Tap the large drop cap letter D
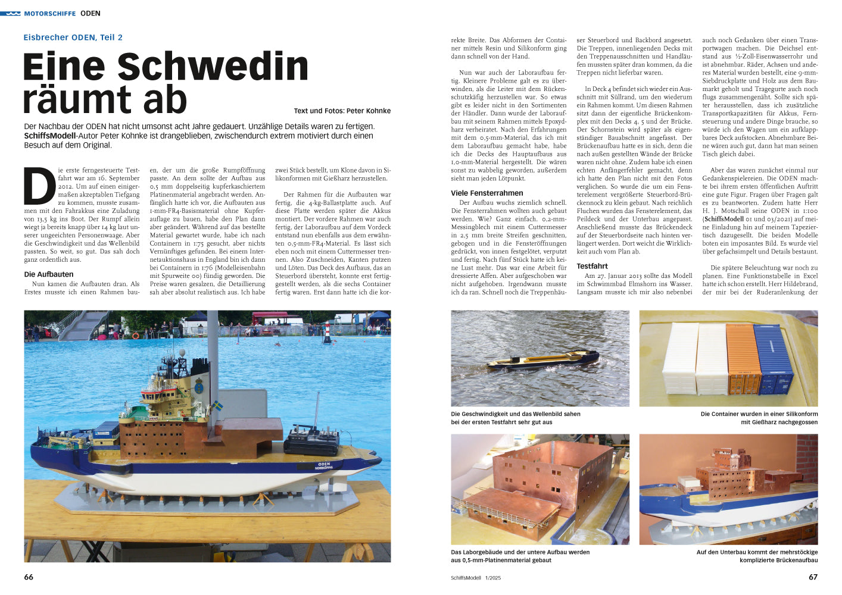coord(39,186)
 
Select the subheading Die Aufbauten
coord(49,274)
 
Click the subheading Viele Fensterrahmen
coord(487,193)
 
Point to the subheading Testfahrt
coord(592,266)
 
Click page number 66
coord(29,577)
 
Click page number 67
coord(813,577)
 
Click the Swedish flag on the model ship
coord(218,406)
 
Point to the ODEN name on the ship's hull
coord(324,464)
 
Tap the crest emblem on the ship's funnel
coord(199,387)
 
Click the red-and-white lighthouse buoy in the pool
coord(327,333)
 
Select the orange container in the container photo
coord(743,359)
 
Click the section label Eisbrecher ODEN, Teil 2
coord(73,37)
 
